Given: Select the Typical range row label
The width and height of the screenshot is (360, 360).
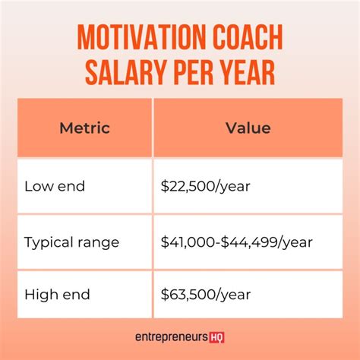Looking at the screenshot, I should (x=71, y=242).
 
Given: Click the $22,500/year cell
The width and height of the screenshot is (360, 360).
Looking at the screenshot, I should (x=206, y=186).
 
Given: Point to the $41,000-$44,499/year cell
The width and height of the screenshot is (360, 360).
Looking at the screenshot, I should (x=236, y=242).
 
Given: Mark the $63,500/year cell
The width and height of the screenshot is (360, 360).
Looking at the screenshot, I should (x=206, y=294).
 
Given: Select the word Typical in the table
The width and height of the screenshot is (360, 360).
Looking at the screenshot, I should (x=47, y=242).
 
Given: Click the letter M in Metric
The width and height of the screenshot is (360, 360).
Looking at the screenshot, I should (x=65, y=127).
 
